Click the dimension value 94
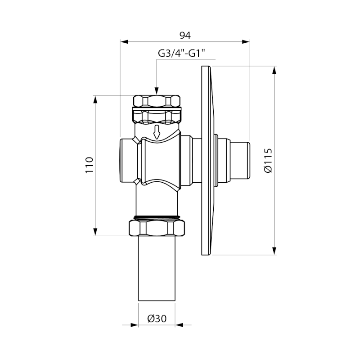point(185,36)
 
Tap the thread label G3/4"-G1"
point(181,54)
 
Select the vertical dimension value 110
point(89,165)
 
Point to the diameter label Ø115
point(268,160)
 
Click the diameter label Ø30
point(157,319)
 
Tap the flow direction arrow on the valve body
point(157,132)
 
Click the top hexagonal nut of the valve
point(157,101)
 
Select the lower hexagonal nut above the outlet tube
point(157,228)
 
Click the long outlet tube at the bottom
point(157,268)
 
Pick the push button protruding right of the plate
point(234,160)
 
